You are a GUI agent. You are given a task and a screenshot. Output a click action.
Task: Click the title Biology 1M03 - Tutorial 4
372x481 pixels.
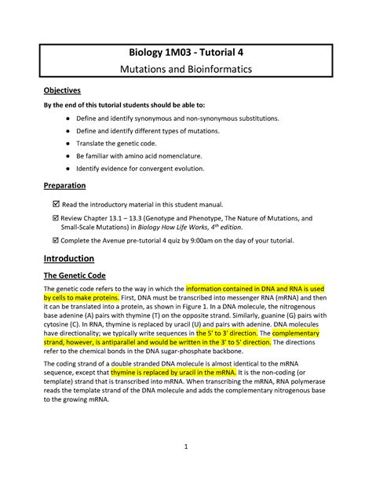pyautogui.click(x=185, y=53)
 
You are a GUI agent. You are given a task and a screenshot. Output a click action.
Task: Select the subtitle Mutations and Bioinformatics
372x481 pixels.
pyautogui.click(x=185, y=71)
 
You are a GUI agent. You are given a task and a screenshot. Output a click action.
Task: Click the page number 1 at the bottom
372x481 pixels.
pyautogui.click(x=186, y=448)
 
